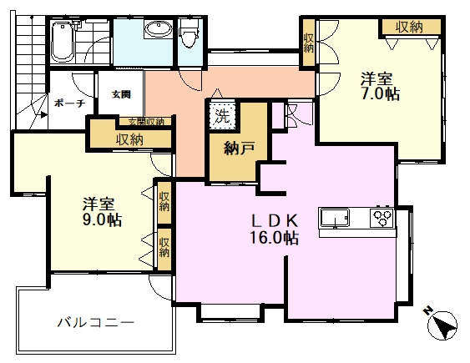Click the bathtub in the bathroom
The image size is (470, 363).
pos(63,42)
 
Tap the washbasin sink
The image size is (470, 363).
pos(159,29)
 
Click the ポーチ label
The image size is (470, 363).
pos(69,103)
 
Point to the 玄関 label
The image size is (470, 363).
pos(121,94)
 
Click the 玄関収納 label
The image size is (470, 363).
pos(147,122)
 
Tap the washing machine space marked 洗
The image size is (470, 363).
pos(222,116)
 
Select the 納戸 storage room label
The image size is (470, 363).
pos(240,149)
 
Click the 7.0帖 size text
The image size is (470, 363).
pos(381,94)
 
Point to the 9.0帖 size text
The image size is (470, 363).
pos(102,220)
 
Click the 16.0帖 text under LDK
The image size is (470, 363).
pos(275,238)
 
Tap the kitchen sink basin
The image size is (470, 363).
pos(335,218)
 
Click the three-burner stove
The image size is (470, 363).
pos(382,217)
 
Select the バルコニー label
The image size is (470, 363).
pos(96,323)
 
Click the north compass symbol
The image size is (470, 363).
pos(442,324)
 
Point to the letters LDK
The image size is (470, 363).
pos(275,221)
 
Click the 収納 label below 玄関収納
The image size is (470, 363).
pos(129,139)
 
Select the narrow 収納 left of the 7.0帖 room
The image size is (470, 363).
pos(308,43)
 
